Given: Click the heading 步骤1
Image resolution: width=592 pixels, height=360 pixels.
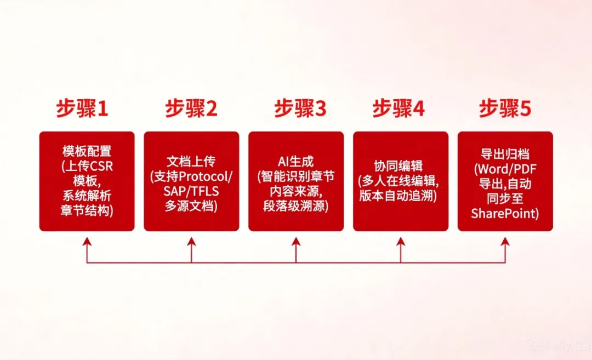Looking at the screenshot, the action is (82, 108).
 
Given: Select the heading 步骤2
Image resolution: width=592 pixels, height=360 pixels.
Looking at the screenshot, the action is (191, 108).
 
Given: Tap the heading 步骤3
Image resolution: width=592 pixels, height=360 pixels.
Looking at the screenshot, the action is (300, 108).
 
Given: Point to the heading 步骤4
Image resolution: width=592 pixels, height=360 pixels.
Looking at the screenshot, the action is (399, 108).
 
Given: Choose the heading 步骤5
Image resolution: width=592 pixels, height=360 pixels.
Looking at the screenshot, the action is (505, 108).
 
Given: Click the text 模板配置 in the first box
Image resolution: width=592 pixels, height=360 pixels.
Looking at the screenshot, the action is (87, 151).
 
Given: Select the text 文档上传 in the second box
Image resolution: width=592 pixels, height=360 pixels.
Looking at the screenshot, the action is (191, 162).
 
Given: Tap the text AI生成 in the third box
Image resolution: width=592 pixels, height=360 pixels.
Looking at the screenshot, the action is (296, 162).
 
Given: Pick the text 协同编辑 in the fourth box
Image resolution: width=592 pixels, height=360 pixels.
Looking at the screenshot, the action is (399, 166).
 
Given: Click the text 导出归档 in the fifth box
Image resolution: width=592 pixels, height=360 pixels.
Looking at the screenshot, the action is (505, 154).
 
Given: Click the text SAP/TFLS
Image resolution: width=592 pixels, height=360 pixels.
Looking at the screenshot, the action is (191, 191).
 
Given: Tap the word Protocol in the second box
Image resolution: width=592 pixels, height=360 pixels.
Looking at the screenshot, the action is (203, 176).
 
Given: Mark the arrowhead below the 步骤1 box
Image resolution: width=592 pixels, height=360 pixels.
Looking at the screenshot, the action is (87, 242).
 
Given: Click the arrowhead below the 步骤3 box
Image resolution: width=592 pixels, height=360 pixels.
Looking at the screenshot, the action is (296, 242).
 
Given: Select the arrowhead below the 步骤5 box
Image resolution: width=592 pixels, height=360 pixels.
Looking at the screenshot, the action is (505, 242).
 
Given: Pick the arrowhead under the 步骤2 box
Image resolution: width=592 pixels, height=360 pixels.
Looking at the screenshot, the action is (191, 242).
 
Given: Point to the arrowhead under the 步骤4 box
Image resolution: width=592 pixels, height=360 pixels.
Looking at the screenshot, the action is (401, 242).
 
